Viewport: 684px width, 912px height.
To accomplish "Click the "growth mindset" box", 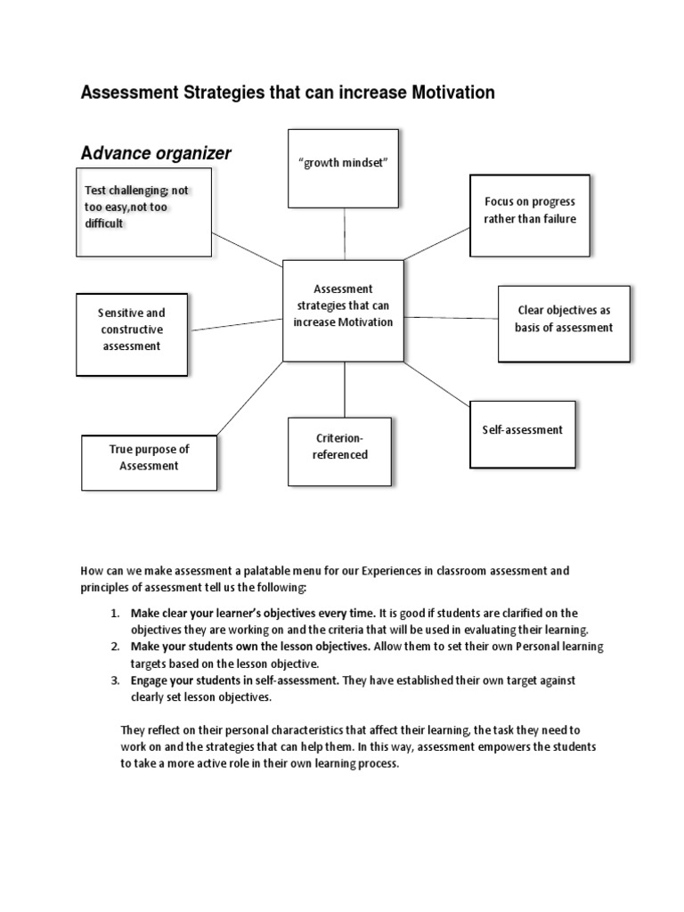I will pyautogui.click(x=343, y=167).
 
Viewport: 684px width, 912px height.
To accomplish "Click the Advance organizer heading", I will pyautogui.click(x=156, y=153).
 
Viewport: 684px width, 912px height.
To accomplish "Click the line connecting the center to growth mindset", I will pyautogui.click(x=344, y=232).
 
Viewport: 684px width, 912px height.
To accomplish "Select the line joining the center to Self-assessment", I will pyautogui.click(x=436, y=383).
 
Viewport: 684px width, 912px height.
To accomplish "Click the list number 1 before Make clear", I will pyautogui.click(x=114, y=613).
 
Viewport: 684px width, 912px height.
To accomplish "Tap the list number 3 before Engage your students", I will pyautogui.click(x=114, y=680).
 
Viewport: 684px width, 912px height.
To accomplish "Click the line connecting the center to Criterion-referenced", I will pyautogui.click(x=345, y=389).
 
